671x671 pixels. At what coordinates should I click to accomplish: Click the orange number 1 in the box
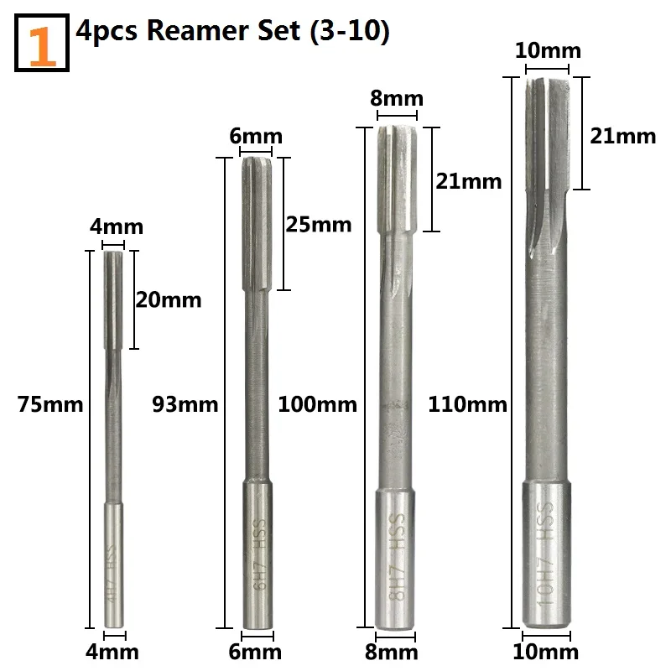click(42, 46)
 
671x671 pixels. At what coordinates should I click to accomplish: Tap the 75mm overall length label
click(50, 404)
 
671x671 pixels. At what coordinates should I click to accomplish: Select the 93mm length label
click(185, 404)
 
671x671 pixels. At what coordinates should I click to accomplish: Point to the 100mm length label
click(318, 404)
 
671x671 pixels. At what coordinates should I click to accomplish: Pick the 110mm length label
click(467, 404)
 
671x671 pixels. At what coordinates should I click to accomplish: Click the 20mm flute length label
click(169, 299)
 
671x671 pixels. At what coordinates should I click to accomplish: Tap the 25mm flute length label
click(319, 224)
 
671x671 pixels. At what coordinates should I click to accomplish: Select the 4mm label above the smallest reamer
click(117, 226)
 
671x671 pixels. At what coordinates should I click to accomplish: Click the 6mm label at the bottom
click(255, 653)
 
